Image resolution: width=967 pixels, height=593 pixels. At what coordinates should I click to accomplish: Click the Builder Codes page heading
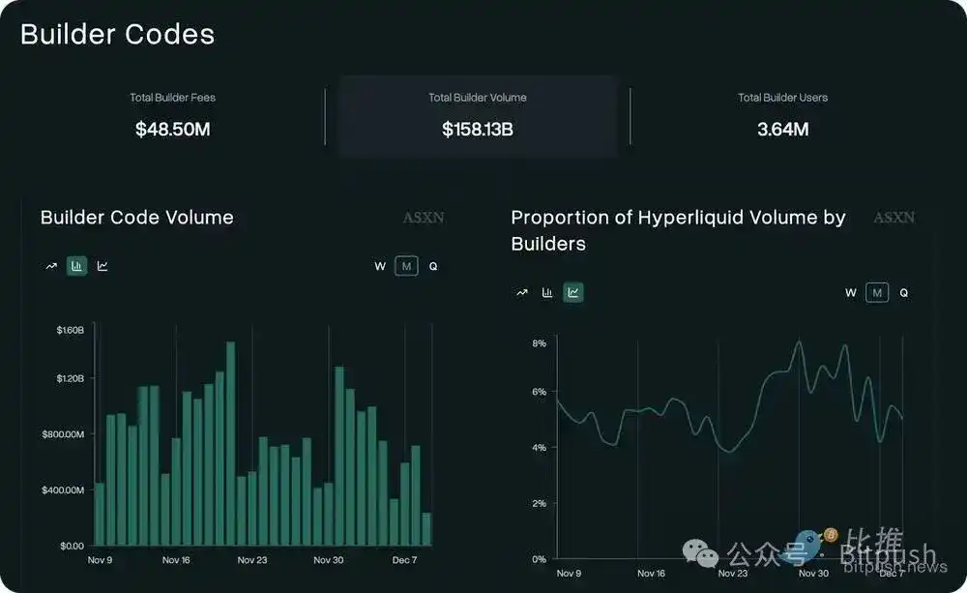pyautogui.click(x=117, y=34)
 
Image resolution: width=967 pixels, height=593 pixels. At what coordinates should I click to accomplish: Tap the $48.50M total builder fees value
pyautogui.click(x=172, y=129)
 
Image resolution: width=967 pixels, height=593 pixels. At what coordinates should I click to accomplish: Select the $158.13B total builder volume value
pyautogui.click(x=477, y=129)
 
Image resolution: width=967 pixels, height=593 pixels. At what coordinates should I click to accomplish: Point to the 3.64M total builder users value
pyautogui.click(x=782, y=129)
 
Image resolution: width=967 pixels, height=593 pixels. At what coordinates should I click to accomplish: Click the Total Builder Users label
pyautogui.click(x=782, y=98)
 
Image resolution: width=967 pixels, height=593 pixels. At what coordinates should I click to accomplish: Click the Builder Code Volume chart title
pyautogui.click(x=136, y=218)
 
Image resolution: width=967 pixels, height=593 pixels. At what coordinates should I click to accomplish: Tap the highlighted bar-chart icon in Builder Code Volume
pyautogui.click(x=76, y=266)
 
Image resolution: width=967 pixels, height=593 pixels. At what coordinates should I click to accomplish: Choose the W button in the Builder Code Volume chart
pyautogui.click(x=380, y=266)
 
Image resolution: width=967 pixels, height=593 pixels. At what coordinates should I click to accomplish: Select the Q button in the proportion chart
pyautogui.click(x=903, y=292)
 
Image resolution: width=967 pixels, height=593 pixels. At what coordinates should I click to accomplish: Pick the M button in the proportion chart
pyautogui.click(x=877, y=292)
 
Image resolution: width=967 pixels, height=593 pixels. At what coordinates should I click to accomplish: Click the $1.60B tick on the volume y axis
pyautogui.click(x=70, y=330)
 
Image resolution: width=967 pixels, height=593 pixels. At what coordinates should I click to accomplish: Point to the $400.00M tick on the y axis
pyautogui.click(x=63, y=489)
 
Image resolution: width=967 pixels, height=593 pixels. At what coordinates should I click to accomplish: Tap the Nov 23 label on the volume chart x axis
pyautogui.click(x=251, y=560)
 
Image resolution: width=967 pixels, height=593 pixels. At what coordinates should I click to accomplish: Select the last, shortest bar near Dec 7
pyautogui.click(x=426, y=529)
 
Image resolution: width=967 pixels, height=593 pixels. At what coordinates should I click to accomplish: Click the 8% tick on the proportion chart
pyautogui.click(x=540, y=343)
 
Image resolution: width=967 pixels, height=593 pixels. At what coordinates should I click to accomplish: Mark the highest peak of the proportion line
pyautogui.click(x=800, y=341)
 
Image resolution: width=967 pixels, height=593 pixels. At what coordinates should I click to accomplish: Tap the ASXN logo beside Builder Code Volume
pyautogui.click(x=423, y=218)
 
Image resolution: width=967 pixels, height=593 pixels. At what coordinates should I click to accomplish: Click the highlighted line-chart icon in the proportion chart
pyautogui.click(x=573, y=292)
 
